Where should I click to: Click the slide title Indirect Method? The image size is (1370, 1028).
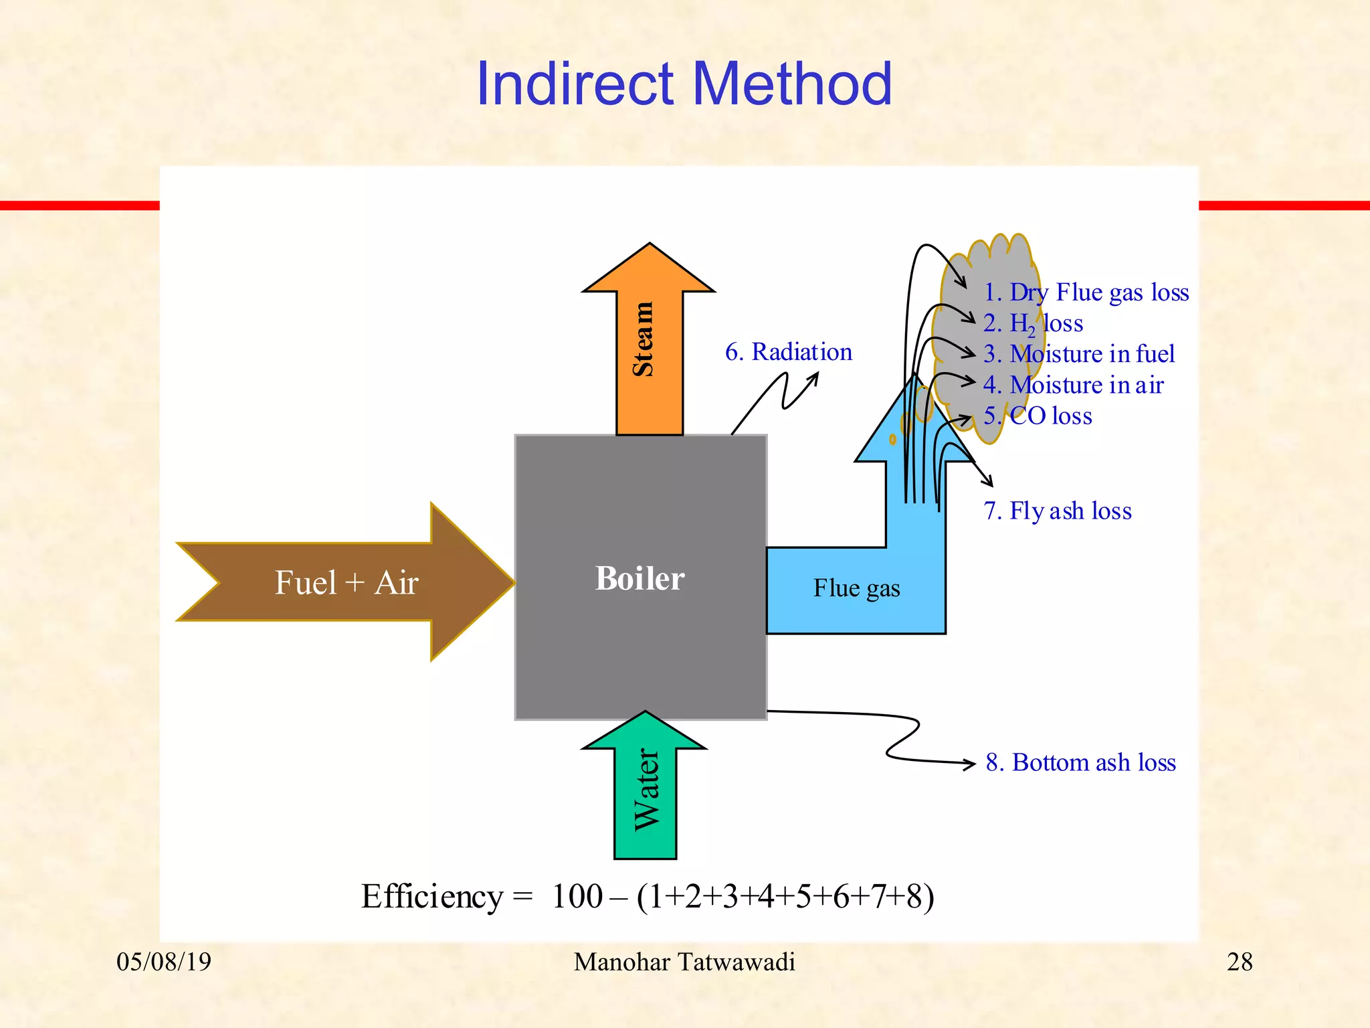point(684,84)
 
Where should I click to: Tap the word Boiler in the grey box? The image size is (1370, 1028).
point(640,578)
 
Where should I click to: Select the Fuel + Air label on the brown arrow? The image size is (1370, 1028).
point(347,582)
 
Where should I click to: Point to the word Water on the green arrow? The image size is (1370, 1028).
point(647,790)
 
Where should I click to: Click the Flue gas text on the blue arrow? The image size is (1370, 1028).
point(856,588)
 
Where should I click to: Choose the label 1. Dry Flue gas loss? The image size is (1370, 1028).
point(1086,292)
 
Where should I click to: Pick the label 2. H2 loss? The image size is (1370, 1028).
point(1033,324)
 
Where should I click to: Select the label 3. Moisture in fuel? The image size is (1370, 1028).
point(1078,354)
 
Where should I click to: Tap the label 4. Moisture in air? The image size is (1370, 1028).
point(1073,385)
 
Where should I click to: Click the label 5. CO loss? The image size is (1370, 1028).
point(1038,416)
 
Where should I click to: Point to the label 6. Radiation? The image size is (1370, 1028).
point(789,352)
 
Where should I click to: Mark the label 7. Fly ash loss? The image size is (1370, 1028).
point(1057,511)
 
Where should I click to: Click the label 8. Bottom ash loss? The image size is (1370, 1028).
point(1080,762)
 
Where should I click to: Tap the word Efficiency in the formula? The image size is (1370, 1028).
point(431,897)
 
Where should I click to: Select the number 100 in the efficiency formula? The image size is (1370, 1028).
point(577,897)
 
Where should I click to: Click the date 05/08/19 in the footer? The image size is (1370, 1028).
point(164,962)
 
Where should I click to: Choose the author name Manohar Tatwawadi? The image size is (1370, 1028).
point(684,962)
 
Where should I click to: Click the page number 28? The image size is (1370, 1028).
point(1239,962)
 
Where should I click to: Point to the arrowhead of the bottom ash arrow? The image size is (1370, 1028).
point(971,763)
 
